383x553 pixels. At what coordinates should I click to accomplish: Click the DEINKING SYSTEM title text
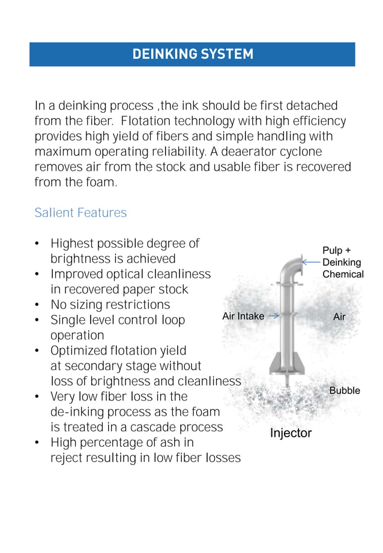(192, 54)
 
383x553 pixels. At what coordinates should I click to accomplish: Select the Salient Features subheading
(80, 213)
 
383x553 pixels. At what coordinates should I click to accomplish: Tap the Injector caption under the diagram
(291, 433)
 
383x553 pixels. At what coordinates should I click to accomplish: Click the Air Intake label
(243, 316)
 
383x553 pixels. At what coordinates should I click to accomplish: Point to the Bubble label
(345, 390)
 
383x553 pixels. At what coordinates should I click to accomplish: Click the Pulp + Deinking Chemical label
(343, 262)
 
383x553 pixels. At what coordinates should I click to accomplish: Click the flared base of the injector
(289, 363)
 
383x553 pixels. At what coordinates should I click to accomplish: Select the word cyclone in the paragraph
(301, 152)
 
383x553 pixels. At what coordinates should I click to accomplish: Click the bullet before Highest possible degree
(37, 244)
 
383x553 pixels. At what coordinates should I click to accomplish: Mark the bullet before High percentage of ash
(37, 443)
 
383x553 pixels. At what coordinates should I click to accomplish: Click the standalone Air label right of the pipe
(339, 317)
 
